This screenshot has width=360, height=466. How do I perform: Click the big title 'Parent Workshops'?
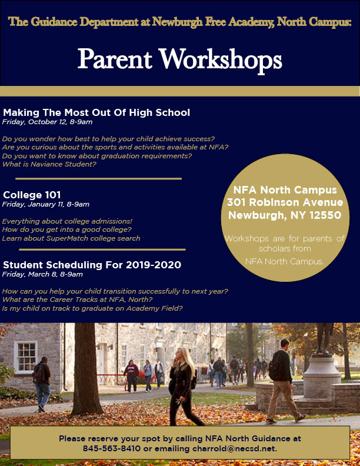pos(179,59)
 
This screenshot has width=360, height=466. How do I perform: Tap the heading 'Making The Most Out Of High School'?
pos(96,112)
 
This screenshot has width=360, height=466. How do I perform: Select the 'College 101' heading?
pos(32,195)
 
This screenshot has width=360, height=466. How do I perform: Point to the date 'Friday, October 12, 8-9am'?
pos(48,122)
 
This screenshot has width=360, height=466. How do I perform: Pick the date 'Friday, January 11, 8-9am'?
pos(46,204)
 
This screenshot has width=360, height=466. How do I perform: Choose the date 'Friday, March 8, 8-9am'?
pos(42,274)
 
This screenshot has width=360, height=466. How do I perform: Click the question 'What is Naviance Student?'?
pos(49,164)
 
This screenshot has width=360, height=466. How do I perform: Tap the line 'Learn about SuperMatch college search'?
pos(71,238)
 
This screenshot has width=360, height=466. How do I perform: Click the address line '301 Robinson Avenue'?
pos(285,202)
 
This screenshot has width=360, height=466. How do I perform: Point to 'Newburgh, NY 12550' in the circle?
pos(285,215)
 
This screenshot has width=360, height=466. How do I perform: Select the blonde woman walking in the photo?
pos(182,383)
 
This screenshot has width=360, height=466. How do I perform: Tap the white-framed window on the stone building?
pos(25,356)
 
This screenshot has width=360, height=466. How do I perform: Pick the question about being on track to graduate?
pos(92,308)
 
